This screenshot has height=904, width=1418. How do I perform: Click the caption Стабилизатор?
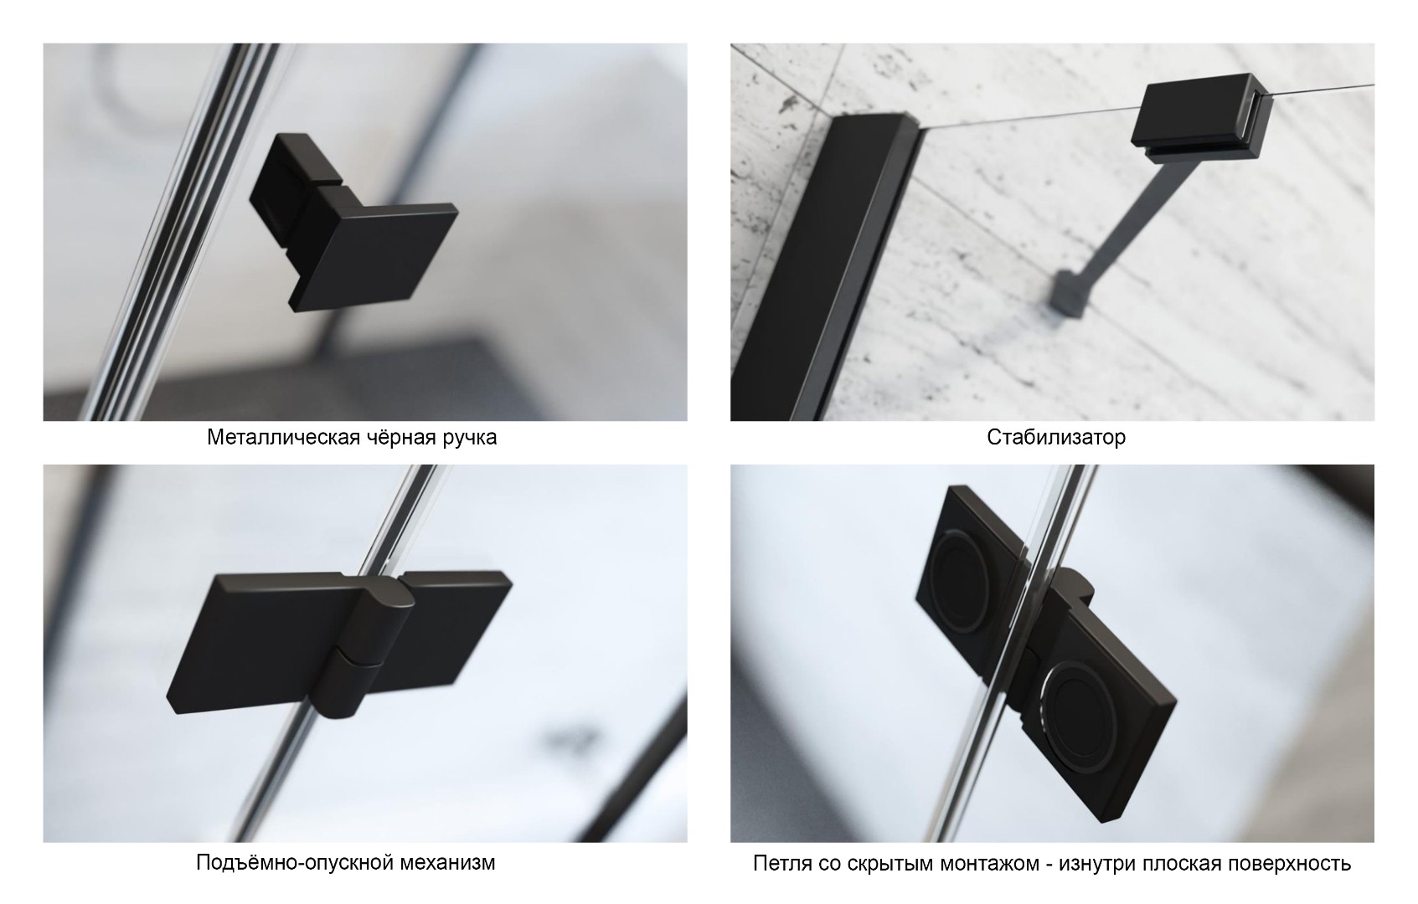pyautogui.click(x=1056, y=437)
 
